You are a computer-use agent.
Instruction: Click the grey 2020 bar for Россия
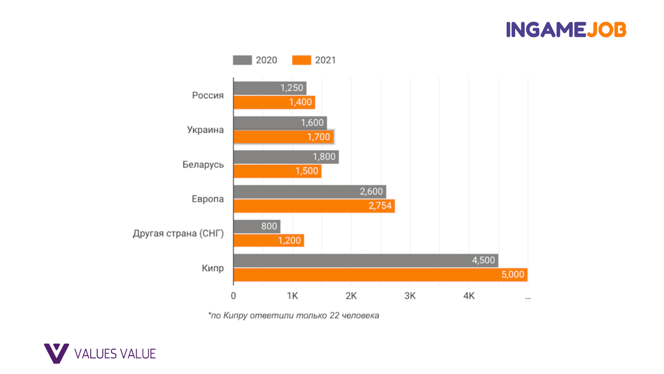(270, 88)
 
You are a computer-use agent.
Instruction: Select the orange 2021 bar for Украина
(283, 137)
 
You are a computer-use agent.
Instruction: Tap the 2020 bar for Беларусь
(286, 157)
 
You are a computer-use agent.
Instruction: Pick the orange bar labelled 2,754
(314, 206)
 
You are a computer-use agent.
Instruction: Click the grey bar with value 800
(257, 226)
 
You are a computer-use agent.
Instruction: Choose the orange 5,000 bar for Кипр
(380, 275)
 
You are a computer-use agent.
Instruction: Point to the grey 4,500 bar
(366, 260)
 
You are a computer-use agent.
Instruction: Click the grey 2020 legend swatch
(242, 60)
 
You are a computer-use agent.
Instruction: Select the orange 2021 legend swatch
(302, 60)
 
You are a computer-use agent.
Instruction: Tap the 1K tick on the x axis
(292, 296)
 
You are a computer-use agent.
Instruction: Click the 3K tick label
(410, 296)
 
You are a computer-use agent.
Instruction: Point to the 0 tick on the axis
(233, 296)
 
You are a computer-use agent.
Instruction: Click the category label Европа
(207, 199)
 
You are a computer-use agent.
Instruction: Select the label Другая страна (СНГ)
(178, 233)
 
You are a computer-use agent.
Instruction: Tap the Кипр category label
(213, 268)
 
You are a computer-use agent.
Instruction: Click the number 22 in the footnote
(334, 315)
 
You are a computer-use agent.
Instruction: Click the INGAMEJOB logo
(566, 29)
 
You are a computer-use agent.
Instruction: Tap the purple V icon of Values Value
(56, 353)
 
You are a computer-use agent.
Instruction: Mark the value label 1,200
(289, 240)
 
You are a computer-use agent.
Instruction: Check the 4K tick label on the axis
(469, 296)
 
